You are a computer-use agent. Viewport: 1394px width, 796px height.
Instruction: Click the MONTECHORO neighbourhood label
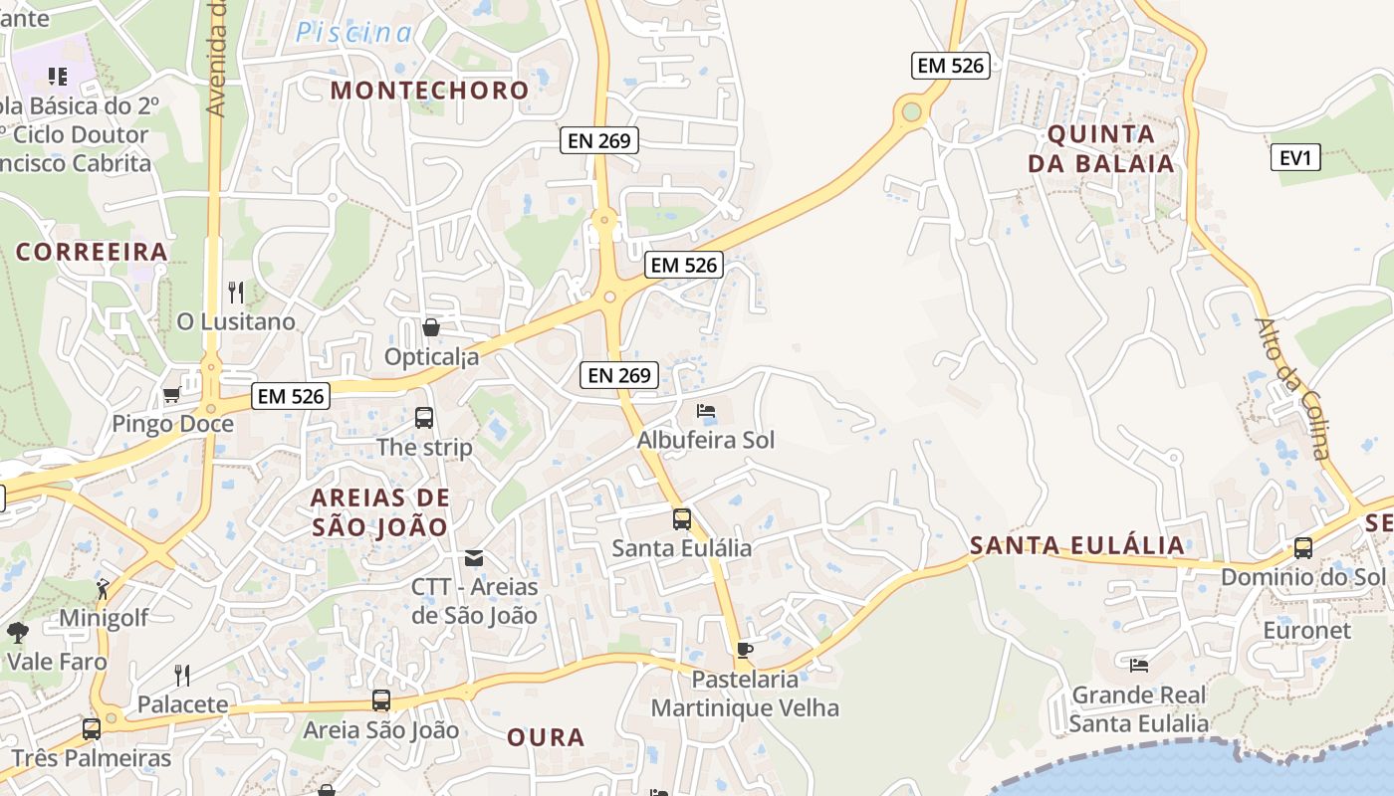429,90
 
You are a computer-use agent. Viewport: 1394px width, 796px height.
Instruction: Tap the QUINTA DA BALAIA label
1101,149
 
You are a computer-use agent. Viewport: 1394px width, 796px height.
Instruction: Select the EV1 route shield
1295,157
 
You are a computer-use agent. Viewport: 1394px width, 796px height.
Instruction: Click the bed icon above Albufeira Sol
706,410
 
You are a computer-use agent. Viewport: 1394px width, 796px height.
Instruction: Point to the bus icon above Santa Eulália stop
681,519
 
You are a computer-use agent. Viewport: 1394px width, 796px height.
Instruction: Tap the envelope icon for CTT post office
474,557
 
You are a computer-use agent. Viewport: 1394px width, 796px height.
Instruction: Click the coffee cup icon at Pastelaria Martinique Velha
744,651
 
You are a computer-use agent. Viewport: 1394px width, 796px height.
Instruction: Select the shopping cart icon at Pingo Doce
171,395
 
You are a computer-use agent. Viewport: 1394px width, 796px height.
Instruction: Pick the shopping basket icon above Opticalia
431,327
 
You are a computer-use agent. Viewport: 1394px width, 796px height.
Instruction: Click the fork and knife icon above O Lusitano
236,292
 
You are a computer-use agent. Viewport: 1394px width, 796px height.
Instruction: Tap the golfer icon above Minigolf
104,589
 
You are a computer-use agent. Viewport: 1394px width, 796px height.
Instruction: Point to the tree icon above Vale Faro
18,632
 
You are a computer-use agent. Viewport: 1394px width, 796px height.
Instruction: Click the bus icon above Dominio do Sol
1302,547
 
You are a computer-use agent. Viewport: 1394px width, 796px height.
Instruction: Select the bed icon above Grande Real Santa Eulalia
1139,665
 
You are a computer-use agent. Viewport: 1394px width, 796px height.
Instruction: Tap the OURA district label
546,737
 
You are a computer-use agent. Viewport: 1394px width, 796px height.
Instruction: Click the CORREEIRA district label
92,251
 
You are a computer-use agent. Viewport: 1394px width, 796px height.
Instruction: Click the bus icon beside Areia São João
380,700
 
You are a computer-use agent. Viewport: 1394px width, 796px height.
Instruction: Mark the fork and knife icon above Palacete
182,676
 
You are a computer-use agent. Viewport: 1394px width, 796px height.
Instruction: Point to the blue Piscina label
352,33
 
